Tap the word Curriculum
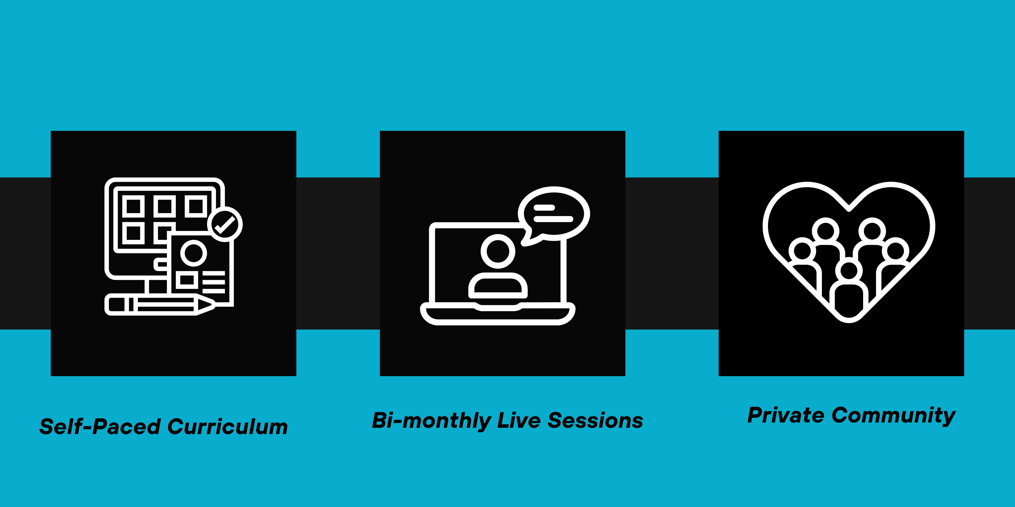pos(228,427)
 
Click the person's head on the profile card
pos(194,253)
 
